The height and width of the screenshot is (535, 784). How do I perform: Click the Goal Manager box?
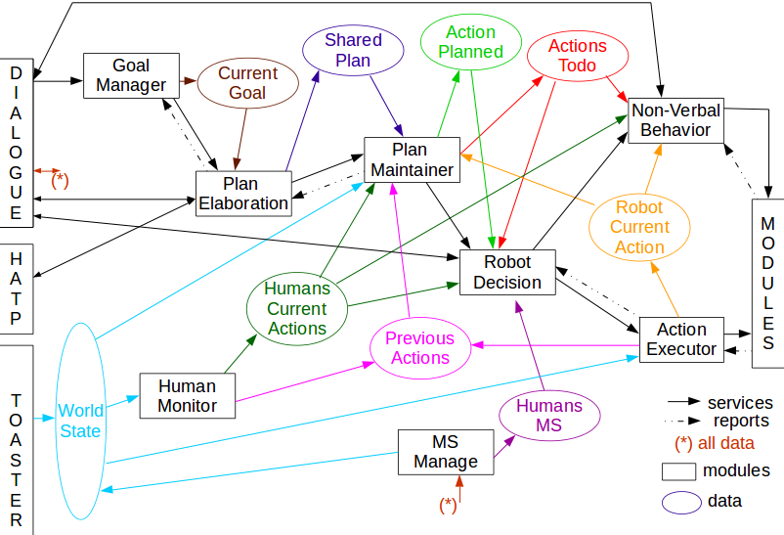click(x=131, y=75)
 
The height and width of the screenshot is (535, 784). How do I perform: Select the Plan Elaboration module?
click(x=241, y=194)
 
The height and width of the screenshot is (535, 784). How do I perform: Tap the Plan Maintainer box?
click(x=411, y=160)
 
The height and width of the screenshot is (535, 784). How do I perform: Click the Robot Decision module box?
click(x=506, y=273)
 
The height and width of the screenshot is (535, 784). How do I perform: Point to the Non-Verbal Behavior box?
click(x=675, y=120)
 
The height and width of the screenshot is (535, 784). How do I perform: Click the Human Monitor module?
click(x=187, y=396)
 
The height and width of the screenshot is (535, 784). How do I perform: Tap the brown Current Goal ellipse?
click(x=247, y=83)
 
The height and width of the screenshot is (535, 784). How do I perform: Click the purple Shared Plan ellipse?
click(x=353, y=51)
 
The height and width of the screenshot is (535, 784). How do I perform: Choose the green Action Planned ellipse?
click(x=470, y=42)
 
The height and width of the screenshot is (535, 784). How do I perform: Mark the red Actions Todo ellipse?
click(x=577, y=56)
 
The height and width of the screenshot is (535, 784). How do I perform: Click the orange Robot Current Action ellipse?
click(x=639, y=228)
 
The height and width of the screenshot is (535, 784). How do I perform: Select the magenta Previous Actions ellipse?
click(x=419, y=348)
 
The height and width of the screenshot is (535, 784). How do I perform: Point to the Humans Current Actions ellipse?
click(x=296, y=308)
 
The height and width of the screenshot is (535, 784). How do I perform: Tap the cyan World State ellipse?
click(x=79, y=421)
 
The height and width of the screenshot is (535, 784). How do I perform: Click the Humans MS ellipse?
click(x=548, y=416)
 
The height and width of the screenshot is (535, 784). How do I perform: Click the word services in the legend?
click(x=740, y=403)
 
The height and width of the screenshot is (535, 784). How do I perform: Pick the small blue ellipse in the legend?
click(x=681, y=502)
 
